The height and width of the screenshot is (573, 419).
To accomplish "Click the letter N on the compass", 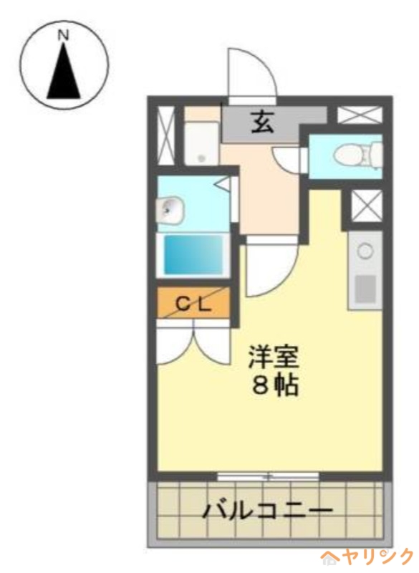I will tap(64, 34).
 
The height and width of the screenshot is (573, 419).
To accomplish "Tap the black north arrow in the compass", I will tap(64, 72).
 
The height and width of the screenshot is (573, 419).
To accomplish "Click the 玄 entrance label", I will tap(261, 125).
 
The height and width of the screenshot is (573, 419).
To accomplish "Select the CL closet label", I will tap(193, 304).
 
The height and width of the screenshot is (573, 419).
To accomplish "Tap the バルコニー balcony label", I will tap(267, 511).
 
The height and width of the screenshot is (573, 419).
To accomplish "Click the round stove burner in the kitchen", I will tap(365, 251).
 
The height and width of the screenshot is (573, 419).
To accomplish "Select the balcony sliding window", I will tap(268, 476).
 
